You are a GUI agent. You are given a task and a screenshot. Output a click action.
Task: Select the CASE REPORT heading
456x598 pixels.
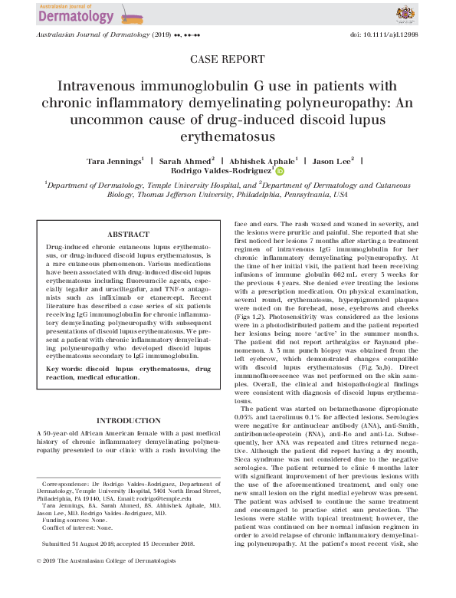[x=228, y=59]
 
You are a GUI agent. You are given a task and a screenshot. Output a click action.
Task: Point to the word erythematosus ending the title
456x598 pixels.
[x=228, y=136]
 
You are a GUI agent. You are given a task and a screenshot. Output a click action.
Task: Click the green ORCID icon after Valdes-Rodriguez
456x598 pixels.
[x=280, y=172]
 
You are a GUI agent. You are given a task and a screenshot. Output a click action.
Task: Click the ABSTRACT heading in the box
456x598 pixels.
[x=129, y=235]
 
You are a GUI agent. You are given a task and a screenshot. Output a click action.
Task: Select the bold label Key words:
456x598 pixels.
[x=65, y=369]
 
